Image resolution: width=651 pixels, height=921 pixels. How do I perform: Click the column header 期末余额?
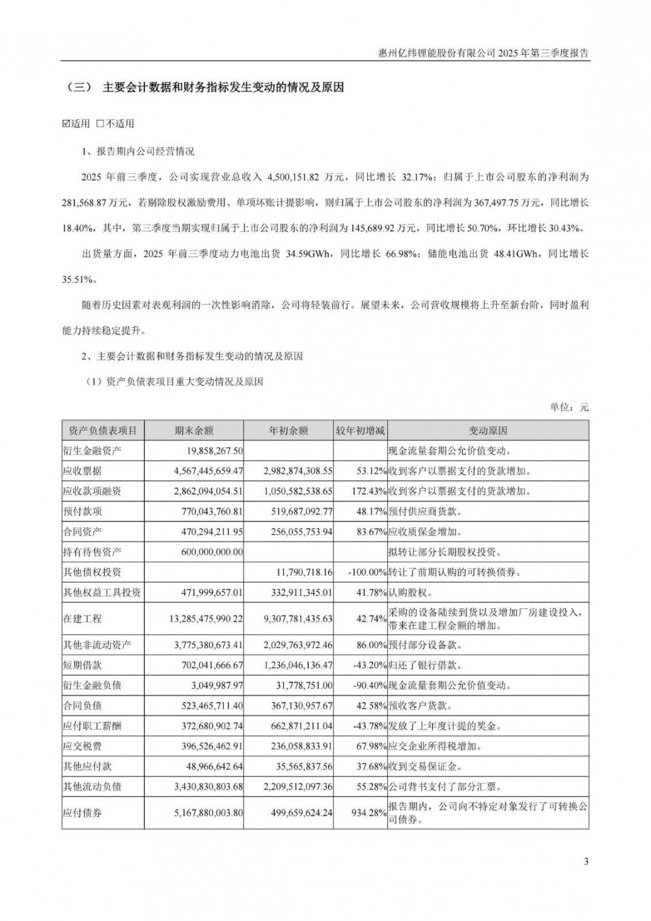193,431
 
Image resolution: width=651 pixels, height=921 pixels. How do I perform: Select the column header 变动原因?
488,431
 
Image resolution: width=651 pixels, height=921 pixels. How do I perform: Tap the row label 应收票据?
83,471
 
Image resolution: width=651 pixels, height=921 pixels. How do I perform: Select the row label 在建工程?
83,619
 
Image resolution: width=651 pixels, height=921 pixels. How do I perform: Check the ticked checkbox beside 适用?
66,124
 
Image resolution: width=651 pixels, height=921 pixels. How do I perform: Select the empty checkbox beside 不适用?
100,124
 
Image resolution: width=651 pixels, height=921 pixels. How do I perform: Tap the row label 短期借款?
83,665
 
